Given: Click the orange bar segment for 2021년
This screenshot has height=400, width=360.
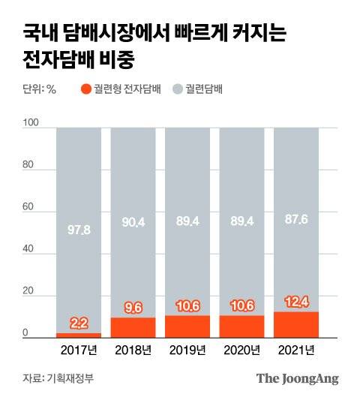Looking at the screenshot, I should (296, 326).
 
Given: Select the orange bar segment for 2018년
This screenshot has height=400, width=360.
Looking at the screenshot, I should (133, 329).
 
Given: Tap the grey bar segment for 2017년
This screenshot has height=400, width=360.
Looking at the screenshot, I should (79, 225).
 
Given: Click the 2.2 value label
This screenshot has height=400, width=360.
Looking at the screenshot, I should (79, 323).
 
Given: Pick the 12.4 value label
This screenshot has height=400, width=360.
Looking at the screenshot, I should (296, 302).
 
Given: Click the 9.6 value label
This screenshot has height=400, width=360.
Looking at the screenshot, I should (133, 307).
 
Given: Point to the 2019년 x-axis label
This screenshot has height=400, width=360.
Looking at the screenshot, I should (187, 350).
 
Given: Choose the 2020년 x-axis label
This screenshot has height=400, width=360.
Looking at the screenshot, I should (241, 350).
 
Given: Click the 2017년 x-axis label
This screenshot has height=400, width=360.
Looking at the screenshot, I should (79, 350).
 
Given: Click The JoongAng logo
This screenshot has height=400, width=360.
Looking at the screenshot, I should (297, 378).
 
